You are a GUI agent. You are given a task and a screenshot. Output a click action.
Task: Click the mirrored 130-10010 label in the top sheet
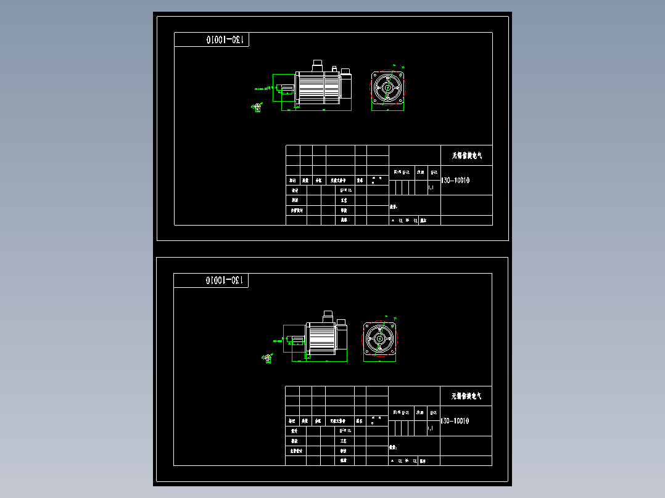(226, 40)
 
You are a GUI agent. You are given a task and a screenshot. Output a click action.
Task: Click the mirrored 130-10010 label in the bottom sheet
(226, 280)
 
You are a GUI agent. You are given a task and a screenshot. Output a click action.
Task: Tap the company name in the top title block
(467, 155)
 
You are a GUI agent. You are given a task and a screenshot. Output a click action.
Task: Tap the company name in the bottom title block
(467, 396)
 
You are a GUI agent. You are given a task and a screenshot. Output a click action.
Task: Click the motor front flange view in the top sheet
(388, 89)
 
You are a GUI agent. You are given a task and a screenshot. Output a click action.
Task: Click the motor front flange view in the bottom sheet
(379, 338)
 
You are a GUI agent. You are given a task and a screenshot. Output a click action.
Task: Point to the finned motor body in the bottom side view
(321, 338)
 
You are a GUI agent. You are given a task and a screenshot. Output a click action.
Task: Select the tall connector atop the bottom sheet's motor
(327, 316)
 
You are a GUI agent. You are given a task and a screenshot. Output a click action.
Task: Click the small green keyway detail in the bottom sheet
(267, 359)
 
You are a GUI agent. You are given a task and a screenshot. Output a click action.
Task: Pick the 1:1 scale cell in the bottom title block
(431, 428)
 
